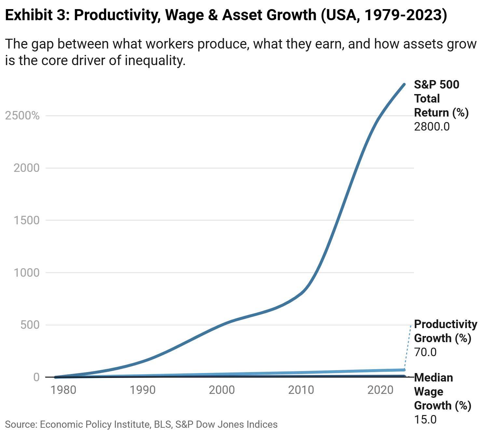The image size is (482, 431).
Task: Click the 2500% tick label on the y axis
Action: [x=22, y=116]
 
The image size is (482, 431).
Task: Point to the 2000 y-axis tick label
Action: [x=26, y=168]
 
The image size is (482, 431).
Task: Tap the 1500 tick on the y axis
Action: [x=26, y=220]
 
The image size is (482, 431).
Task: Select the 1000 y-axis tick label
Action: [x=26, y=272]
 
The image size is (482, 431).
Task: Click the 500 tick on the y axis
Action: [x=30, y=325]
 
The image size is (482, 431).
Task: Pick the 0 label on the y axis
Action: [x=36, y=377]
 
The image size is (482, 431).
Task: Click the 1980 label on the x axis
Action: [x=63, y=390]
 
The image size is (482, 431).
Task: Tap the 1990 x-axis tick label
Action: [x=143, y=390]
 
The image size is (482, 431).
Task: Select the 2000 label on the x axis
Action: [x=222, y=390]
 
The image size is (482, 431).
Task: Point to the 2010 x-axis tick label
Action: [x=301, y=390]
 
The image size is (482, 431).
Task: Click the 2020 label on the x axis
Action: [x=380, y=390]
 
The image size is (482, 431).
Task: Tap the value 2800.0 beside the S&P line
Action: [x=432, y=126]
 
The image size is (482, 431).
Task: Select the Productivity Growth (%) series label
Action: [x=445, y=331]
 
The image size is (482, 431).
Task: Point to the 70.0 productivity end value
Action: [x=425, y=352]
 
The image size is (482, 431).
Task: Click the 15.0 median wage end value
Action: [x=425, y=419]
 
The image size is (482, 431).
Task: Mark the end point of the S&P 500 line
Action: [x=404, y=85]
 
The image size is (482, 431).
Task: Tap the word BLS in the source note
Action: [x=162, y=424]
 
